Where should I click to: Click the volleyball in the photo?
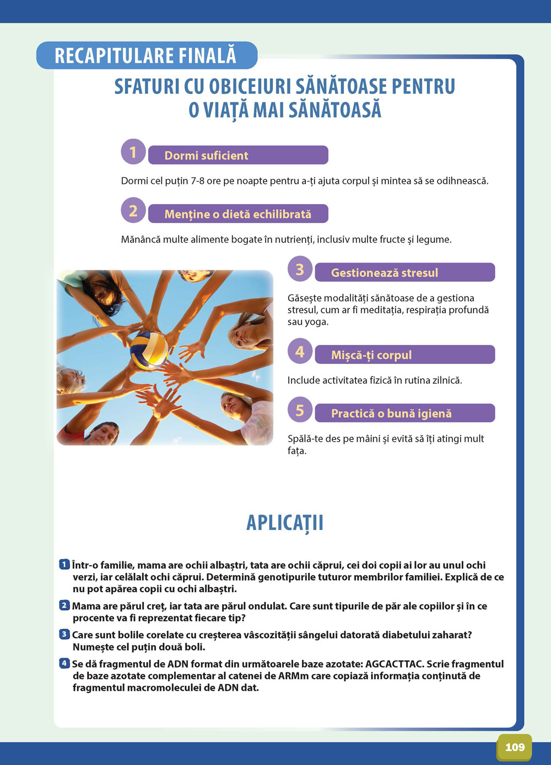(x=149, y=350)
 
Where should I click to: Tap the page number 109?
(x=515, y=747)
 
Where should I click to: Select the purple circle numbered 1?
(x=133, y=152)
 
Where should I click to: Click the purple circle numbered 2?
(x=133, y=211)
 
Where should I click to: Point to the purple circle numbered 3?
(x=300, y=269)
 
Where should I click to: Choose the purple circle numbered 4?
(x=300, y=352)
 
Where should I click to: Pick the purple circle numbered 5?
(x=300, y=410)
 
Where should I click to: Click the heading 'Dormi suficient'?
(x=206, y=156)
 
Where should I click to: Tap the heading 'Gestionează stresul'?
(x=385, y=273)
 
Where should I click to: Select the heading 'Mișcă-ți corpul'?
(x=371, y=356)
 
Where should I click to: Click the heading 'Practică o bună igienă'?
(x=391, y=414)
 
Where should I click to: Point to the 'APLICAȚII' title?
(x=285, y=523)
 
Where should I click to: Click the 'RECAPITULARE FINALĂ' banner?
(x=146, y=56)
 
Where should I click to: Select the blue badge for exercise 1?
(x=64, y=565)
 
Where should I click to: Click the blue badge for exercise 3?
(x=64, y=635)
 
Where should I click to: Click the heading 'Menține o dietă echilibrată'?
(x=237, y=214)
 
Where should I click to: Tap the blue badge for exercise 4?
(x=64, y=664)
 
